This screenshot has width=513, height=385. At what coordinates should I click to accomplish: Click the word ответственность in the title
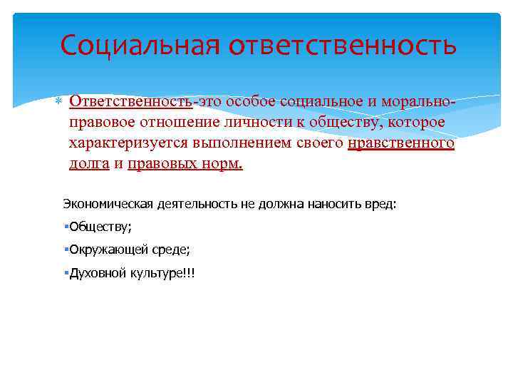tap(342, 44)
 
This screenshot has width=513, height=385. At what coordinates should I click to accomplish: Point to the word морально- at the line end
tap(420, 101)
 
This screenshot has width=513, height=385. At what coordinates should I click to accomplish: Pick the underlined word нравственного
tap(402, 143)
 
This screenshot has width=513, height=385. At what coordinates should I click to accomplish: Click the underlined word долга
tap(89, 164)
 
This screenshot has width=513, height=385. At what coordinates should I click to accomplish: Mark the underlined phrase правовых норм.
tap(185, 164)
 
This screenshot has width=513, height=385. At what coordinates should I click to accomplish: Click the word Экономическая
tap(107, 204)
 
